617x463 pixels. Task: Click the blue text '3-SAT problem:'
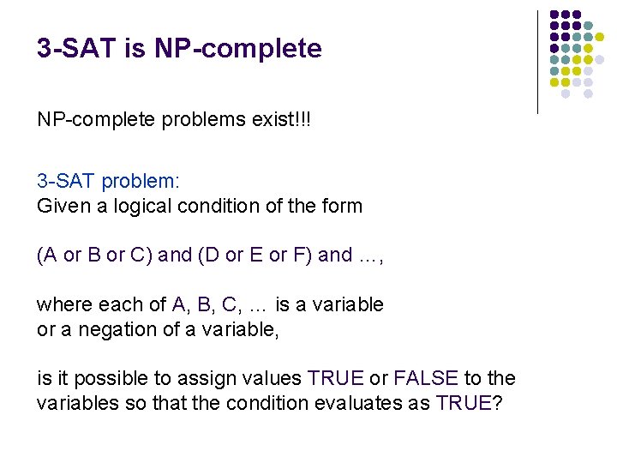pos(108,182)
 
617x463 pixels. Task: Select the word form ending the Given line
pos(342,206)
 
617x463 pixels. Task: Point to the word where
pos(63,304)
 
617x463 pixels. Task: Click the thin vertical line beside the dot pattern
pos(537,62)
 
